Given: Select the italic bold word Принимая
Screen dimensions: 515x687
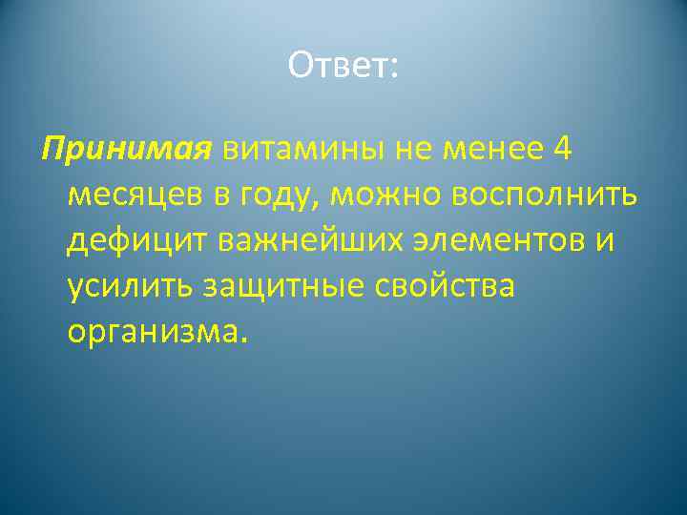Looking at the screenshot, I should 125,150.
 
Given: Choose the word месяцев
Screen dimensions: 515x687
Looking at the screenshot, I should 133,196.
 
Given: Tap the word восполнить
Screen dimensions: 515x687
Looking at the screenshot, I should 539,196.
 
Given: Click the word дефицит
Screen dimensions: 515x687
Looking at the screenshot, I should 135,240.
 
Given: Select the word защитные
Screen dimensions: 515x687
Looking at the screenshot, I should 287,286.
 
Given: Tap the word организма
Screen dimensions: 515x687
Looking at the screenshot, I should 154,331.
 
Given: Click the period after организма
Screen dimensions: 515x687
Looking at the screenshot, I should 244,339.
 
